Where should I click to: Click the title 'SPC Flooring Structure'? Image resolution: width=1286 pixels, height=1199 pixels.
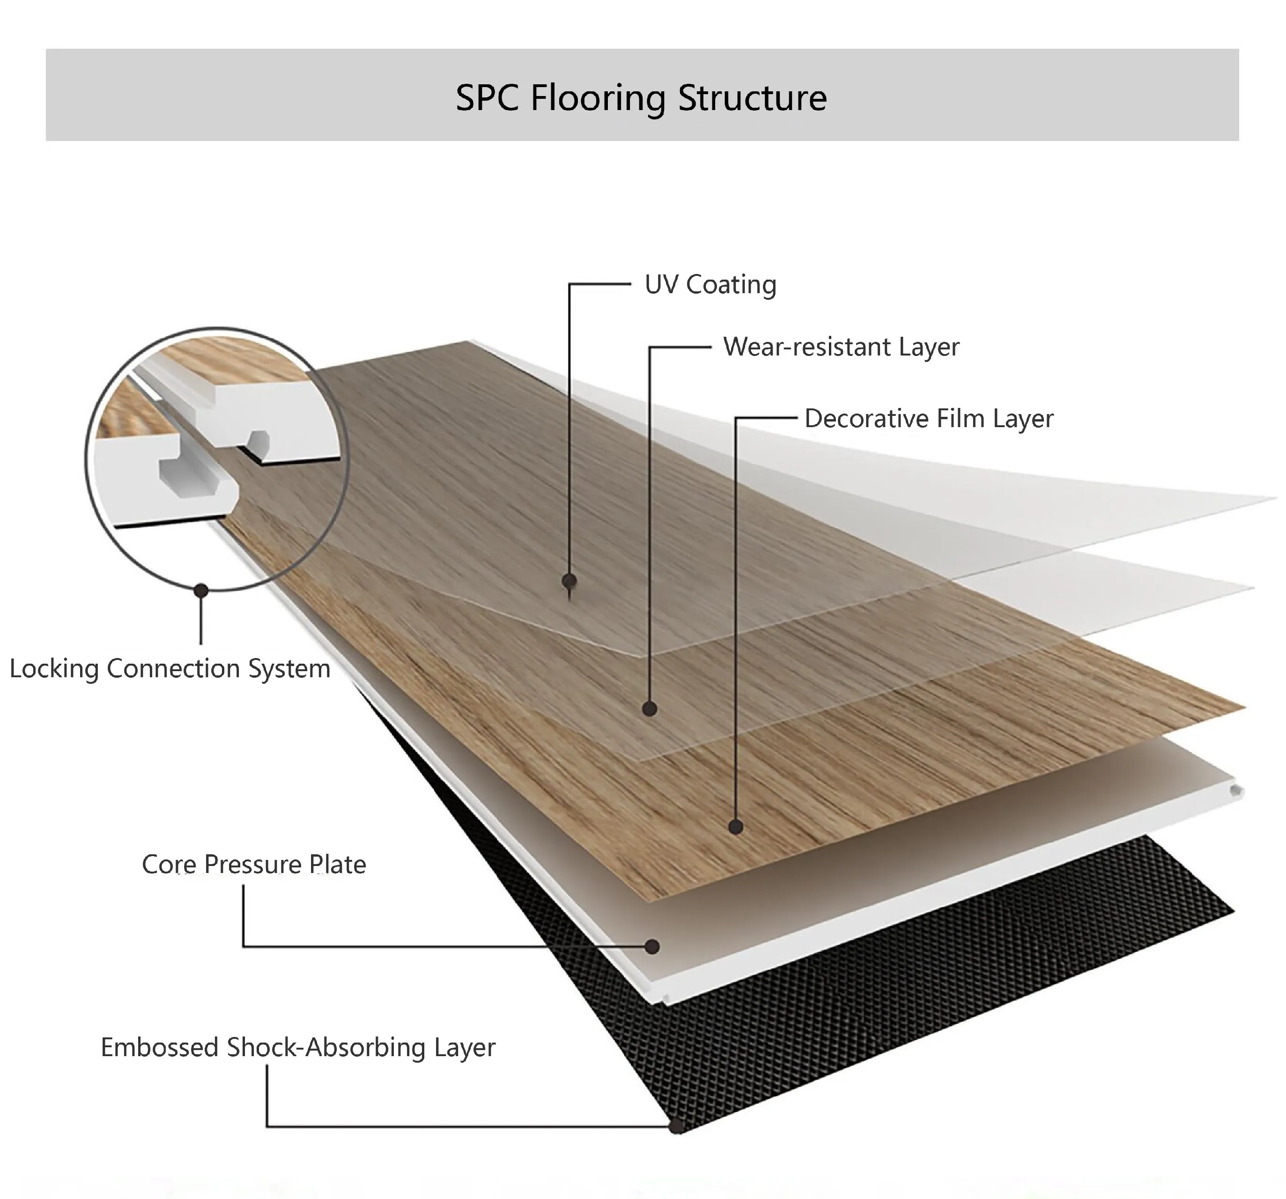coord(641,98)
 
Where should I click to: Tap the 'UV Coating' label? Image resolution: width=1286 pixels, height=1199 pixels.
coord(710,285)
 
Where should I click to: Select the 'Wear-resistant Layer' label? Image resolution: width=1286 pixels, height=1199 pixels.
coord(841,348)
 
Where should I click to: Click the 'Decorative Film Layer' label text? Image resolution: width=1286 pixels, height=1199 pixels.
coord(929,419)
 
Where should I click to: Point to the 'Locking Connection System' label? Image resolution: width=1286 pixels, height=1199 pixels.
coord(170,668)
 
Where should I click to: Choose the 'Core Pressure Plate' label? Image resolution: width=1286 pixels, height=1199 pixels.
coord(253,865)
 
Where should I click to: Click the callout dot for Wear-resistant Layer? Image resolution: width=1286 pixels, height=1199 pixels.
coord(650,709)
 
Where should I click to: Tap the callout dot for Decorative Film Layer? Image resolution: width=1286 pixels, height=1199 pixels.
coord(736,827)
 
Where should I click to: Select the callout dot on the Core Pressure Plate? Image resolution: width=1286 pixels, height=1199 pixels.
coord(653,947)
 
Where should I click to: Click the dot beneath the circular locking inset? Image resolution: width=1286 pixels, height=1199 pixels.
coord(201,590)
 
